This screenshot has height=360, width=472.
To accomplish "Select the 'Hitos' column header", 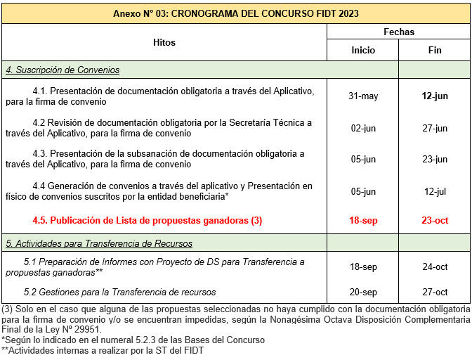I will tap(164, 42).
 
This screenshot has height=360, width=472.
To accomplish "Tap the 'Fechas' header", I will tap(399, 32).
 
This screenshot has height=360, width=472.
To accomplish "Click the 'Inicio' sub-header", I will tap(363, 51).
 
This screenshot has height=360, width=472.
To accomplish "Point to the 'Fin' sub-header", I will tap(435, 51).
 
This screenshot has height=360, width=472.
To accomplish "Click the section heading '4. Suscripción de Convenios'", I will tap(63, 70).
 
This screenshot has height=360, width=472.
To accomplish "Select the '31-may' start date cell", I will tap(363, 96).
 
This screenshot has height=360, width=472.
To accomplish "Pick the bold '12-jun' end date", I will tap(435, 96).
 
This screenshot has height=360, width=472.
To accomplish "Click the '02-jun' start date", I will tap(363, 128).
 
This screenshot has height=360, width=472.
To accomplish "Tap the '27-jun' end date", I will tap(435, 128).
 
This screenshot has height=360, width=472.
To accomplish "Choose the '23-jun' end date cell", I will tap(435, 159).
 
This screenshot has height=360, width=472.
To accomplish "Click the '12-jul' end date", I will tap(435, 191).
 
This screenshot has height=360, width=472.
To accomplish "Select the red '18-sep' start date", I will tap(363, 220).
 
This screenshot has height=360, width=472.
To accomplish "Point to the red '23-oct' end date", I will tap(435, 220).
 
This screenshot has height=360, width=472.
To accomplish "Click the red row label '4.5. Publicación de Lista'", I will tap(147, 220).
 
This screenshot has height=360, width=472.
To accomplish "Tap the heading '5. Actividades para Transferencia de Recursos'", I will tap(99, 243).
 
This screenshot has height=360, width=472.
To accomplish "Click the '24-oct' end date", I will tap(435, 267).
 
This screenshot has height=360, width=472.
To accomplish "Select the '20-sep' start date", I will tap(363, 292).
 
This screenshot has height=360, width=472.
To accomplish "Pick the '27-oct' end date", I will tap(435, 292).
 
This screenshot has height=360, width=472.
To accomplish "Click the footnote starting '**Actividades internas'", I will tap(103, 350).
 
